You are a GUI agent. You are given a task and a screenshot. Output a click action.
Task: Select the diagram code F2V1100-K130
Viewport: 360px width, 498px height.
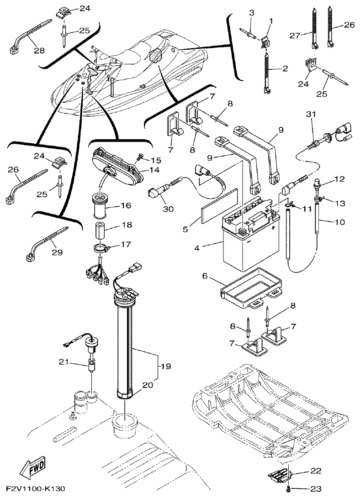point(35,489)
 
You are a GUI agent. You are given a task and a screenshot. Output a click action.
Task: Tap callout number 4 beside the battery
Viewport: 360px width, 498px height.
point(197,248)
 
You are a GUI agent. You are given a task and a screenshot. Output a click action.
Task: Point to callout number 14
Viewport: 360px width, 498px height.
point(157,169)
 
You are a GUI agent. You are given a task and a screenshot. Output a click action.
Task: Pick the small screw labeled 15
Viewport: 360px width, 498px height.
point(140,157)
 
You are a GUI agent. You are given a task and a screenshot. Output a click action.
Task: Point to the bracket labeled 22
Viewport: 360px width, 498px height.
point(279,476)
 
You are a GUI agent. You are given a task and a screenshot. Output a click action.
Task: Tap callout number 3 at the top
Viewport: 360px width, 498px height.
point(251,13)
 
